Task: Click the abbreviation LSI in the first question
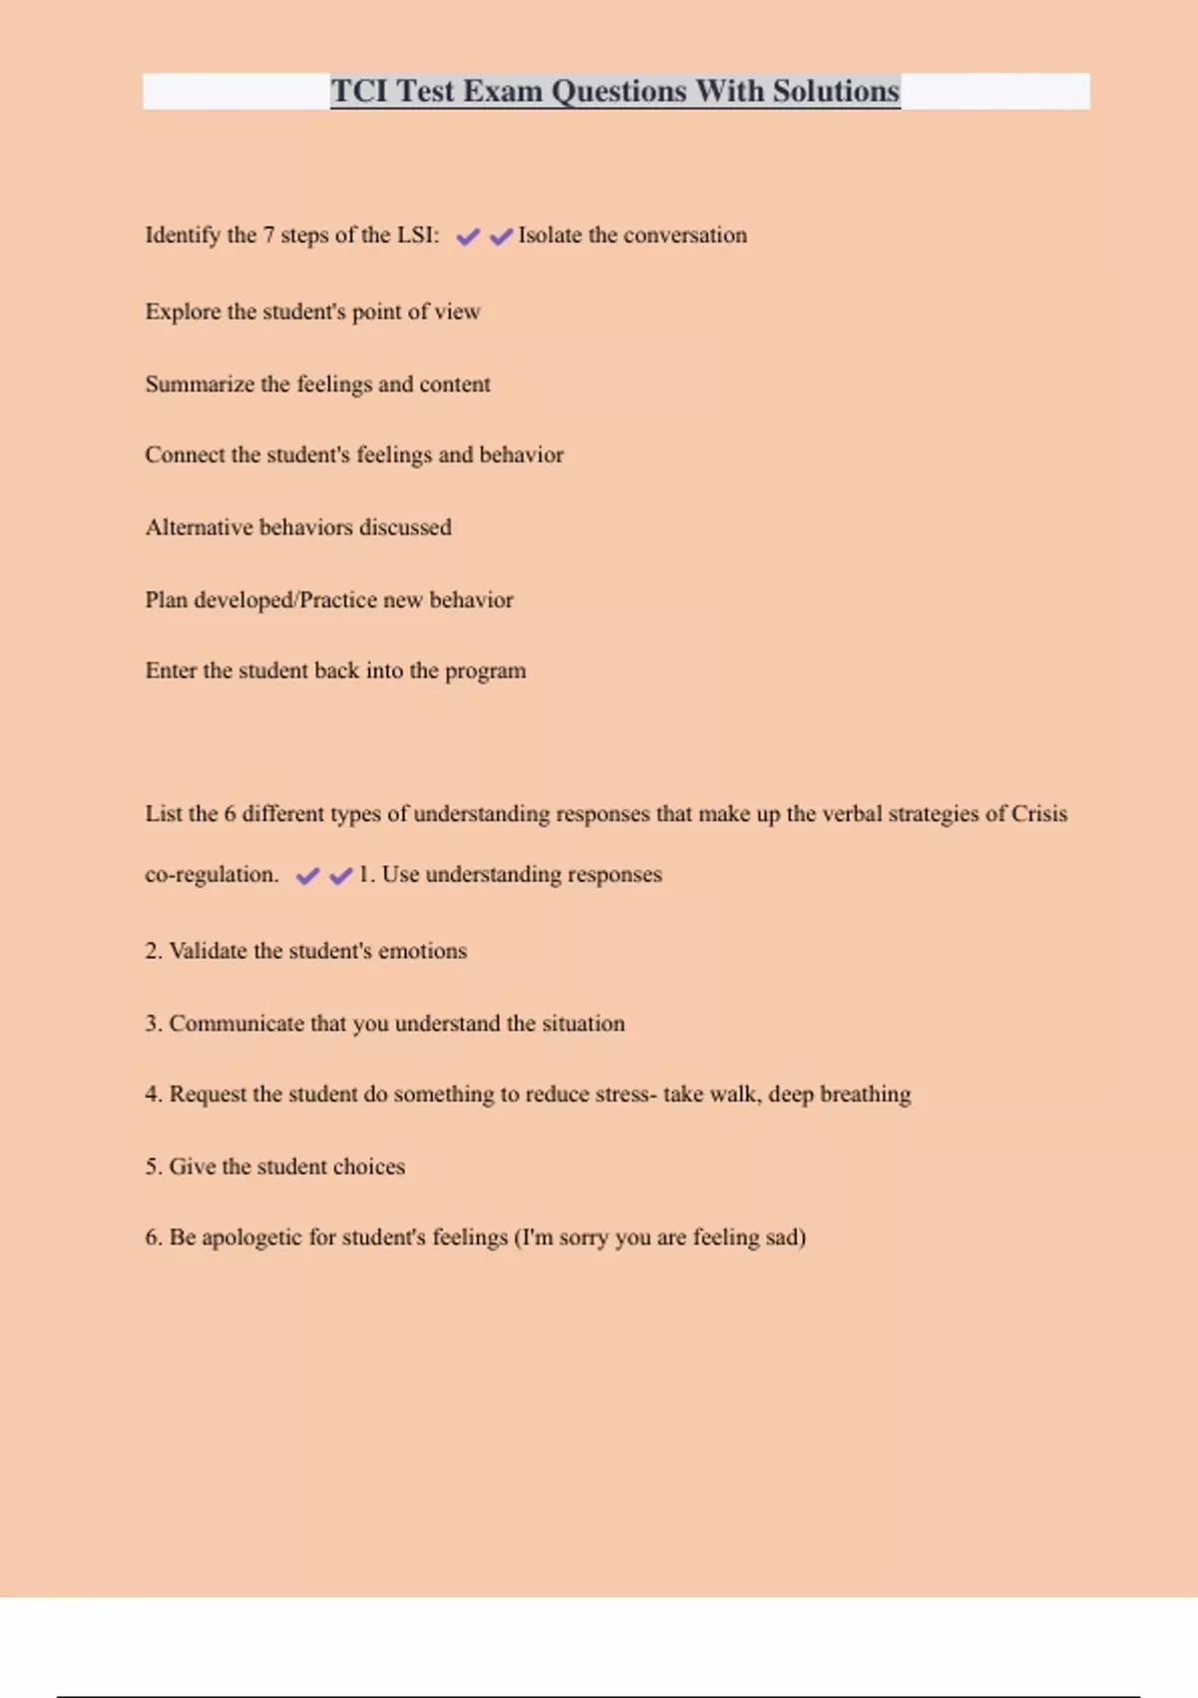pos(414,235)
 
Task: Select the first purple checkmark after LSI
pos(467,237)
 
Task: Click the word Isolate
pos(549,235)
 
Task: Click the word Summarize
pos(200,385)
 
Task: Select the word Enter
pos(171,671)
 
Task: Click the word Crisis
pos(1039,814)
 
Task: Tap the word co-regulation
pos(211,875)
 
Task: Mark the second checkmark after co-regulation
pos(341,876)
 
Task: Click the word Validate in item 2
pos(208,951)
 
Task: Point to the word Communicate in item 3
pos(237,1024)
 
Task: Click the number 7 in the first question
pos(268,235)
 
